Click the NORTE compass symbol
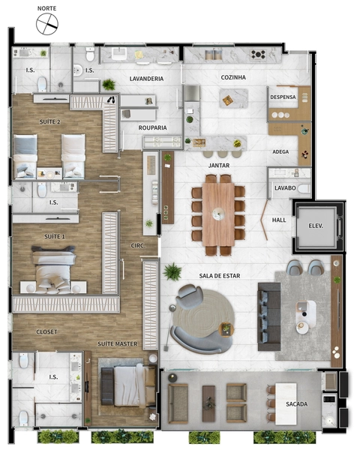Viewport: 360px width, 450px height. (47, 24)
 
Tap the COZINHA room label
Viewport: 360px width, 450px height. (233, 77)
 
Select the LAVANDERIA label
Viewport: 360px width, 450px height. (146, 79)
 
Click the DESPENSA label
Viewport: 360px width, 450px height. (283, 97)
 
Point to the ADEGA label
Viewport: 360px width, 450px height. (280, 151)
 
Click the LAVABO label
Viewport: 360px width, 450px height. (285, 188)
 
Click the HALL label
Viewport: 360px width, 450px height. (279, 220)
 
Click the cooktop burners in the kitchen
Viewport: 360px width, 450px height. (258, 54)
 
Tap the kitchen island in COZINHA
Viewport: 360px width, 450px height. (234, 98)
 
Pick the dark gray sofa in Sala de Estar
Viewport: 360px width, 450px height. (269, 316)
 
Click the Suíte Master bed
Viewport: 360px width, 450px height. (127, 385)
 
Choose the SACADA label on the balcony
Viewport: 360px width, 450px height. (296, 404)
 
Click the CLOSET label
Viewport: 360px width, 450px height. (46, 331)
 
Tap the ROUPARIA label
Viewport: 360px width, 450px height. (152, 127)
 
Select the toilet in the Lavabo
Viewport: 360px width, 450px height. (304, 189)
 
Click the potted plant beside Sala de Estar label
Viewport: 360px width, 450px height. (172, 271)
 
